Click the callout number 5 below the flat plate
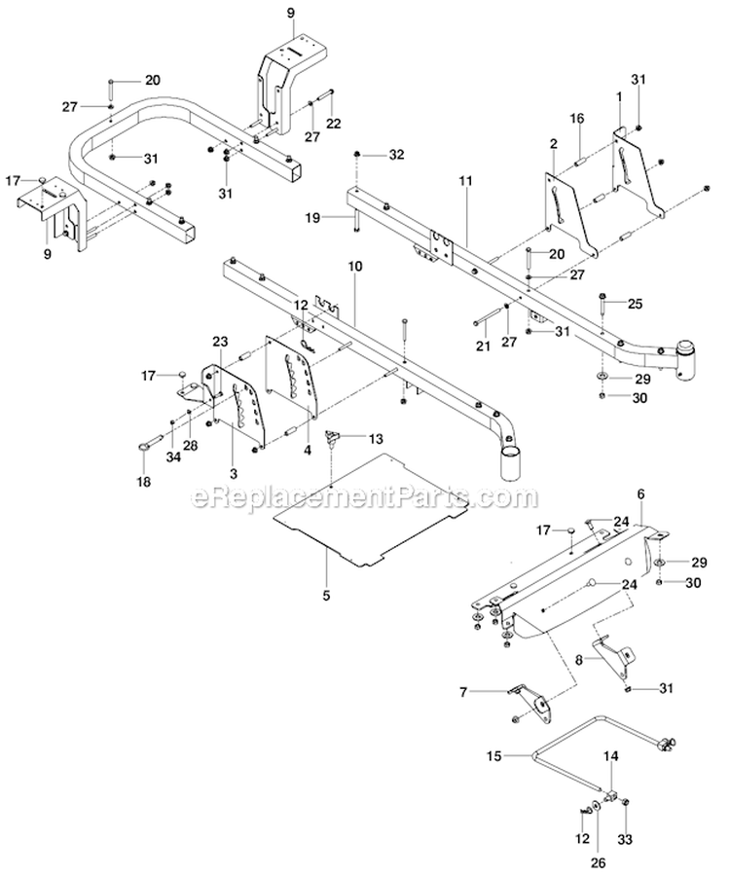click(327, 593)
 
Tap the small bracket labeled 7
click(530, 698)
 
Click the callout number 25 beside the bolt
click(634, 304)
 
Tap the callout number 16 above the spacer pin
click(577, 118)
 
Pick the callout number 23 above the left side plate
click(220, 342)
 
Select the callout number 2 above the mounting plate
click(553, 144)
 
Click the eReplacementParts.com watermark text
click(364, 498)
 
